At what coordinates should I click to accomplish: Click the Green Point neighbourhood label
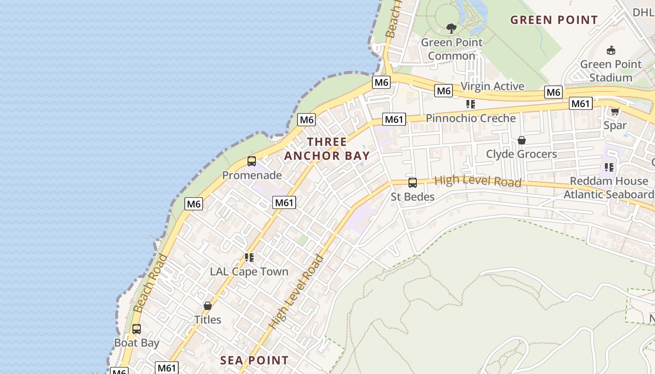click(x=554, y=20)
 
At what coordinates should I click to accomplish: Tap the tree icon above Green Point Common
click(x=451, y=29)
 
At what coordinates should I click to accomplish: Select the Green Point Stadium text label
click(x=611, y=71)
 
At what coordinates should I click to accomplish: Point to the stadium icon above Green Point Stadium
click(x=611, y=50)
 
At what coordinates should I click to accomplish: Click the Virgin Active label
click(x=493, y=86)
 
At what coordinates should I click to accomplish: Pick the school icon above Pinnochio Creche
click(x=470, y=104)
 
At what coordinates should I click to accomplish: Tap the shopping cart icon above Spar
click(x=615, y=111)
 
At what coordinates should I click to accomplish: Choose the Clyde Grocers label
click(x=521, y=154)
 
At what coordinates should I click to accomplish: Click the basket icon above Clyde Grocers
click(x=521, y=140)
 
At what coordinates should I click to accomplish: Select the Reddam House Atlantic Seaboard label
click(x=608, y=187)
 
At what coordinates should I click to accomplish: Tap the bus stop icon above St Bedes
click(x=412, y=183)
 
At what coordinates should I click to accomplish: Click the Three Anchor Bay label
click(x=327, y=149)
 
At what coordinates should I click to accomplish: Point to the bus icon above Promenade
click(x=252, y=161)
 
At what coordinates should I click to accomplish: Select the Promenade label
click(x=252, y=175)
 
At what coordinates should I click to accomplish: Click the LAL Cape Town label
click(x=249, y=272)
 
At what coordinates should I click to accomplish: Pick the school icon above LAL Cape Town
click(x=249, y=258)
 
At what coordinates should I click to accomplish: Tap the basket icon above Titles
click(x=208, y=306)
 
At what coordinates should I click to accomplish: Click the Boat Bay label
click(x=137, y=343)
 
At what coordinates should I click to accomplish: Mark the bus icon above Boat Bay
click(x=136, y=329)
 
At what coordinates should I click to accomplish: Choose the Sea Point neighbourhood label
click(x=254, y=360)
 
